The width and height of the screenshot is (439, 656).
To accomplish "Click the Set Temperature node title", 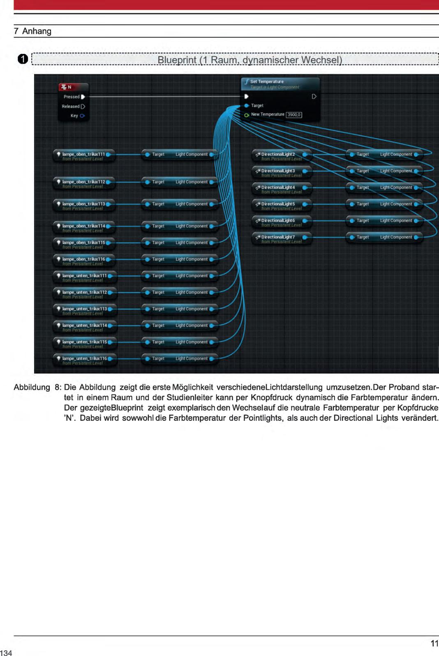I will point(267,82).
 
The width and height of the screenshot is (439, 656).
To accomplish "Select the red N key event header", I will point(73,87).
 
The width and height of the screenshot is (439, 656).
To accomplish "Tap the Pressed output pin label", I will point(72,97).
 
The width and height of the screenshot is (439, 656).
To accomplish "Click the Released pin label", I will point(71,106).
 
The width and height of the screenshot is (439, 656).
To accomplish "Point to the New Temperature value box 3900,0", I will point(294,115).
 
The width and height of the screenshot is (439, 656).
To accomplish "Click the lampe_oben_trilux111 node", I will point(83,155).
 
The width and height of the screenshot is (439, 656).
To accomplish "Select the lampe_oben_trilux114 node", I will point(83,226).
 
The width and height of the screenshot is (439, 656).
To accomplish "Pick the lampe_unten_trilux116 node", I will point(84,358).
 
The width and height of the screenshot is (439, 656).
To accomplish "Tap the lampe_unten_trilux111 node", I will point(84,276).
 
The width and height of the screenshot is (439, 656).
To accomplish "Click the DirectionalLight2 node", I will point(278,155).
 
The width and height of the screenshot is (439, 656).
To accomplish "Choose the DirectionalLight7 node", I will point(278,237).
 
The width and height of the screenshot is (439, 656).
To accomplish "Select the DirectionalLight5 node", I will point(278,204).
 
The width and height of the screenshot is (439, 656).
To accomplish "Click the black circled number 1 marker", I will point(23,59).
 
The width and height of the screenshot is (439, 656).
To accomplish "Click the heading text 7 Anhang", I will point(32,31).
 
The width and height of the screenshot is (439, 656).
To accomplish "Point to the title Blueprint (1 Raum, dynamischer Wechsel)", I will point(250,60).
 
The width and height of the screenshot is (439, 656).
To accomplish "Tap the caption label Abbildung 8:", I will point(37,387).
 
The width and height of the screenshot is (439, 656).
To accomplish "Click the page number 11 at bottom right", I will point(434,644).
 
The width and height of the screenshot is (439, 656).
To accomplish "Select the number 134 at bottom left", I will point(6,652).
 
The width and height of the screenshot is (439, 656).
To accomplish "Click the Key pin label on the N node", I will point(74,116).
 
